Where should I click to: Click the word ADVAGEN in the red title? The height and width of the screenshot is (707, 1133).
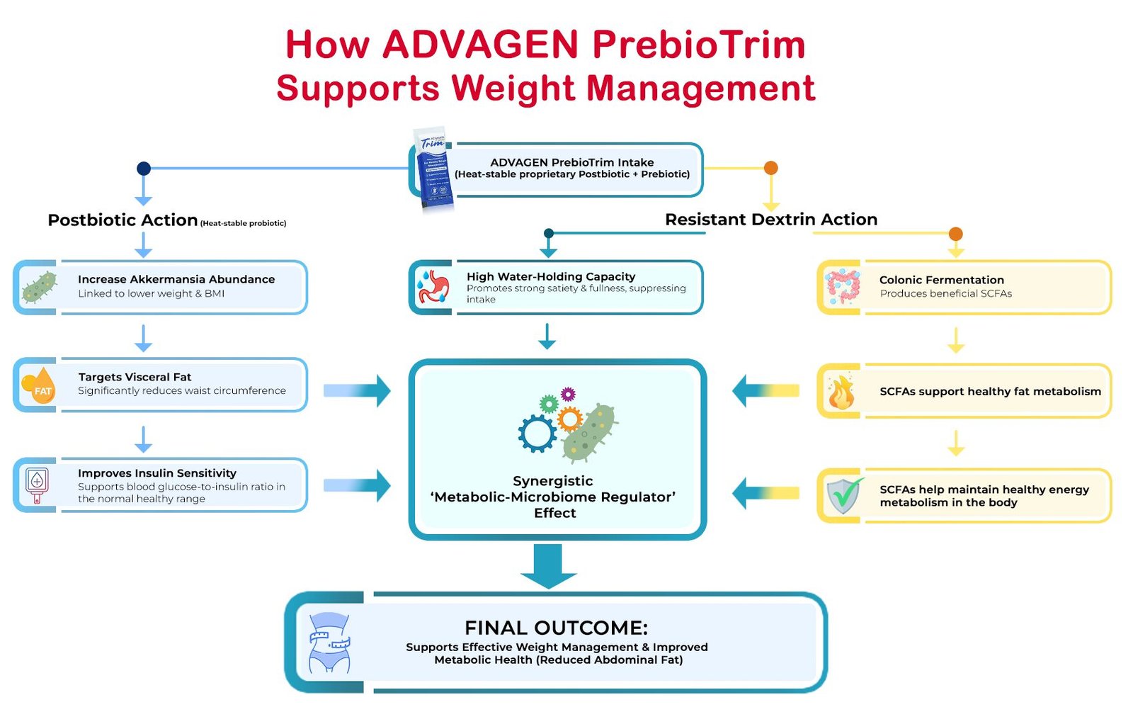pos(480,45)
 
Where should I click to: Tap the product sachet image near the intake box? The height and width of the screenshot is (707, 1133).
pos(433,169)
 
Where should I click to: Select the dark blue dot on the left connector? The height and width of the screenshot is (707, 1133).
pos(144,169)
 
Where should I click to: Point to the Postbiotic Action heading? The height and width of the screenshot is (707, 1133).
pos(123,220)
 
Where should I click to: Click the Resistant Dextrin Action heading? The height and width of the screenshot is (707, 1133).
pos(771,219)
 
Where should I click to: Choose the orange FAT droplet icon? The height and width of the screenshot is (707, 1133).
pos(40,385)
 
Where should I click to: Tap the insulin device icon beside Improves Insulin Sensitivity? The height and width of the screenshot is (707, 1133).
pos(37,485)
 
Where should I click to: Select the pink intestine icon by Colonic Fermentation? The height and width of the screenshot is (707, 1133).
pos(842,287)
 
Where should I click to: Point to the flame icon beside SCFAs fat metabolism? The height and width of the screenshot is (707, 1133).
pos(841,392)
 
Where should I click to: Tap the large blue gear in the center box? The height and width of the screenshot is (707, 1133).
pos(537,434)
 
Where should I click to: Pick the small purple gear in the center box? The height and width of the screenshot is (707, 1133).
pos(568,394)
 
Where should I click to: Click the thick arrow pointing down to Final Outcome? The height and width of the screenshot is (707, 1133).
pos(548,566)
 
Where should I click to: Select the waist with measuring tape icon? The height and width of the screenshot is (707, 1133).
pos(330,643)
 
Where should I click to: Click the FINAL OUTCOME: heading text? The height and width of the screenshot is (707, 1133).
pos(556,628)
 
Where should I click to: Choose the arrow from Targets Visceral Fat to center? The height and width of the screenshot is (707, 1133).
pos(357,391)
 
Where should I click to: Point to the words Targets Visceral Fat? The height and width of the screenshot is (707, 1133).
pos(135,377)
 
